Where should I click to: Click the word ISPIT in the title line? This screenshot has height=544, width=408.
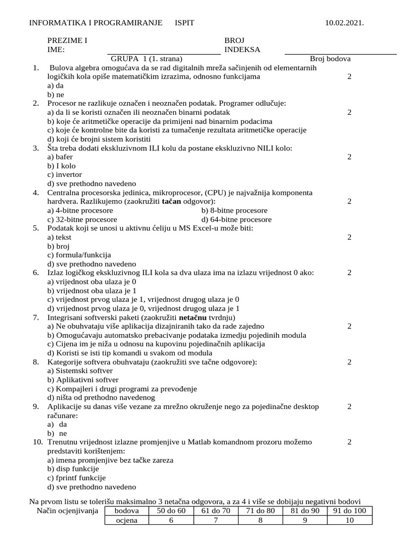click(185, 23)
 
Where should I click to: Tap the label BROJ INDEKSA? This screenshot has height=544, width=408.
click(242, 45)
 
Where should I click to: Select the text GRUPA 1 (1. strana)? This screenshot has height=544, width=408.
click(147, 59)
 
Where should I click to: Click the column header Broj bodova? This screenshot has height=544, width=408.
click(330, 59)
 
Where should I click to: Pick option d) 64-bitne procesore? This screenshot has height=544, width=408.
click(236, 219)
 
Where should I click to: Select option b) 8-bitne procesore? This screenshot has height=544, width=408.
click(234, 210)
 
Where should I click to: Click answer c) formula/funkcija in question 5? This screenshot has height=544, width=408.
click(79, 255)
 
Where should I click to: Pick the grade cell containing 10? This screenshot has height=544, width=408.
click(349, 520)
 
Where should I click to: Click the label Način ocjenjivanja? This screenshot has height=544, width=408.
click(67, 511)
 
